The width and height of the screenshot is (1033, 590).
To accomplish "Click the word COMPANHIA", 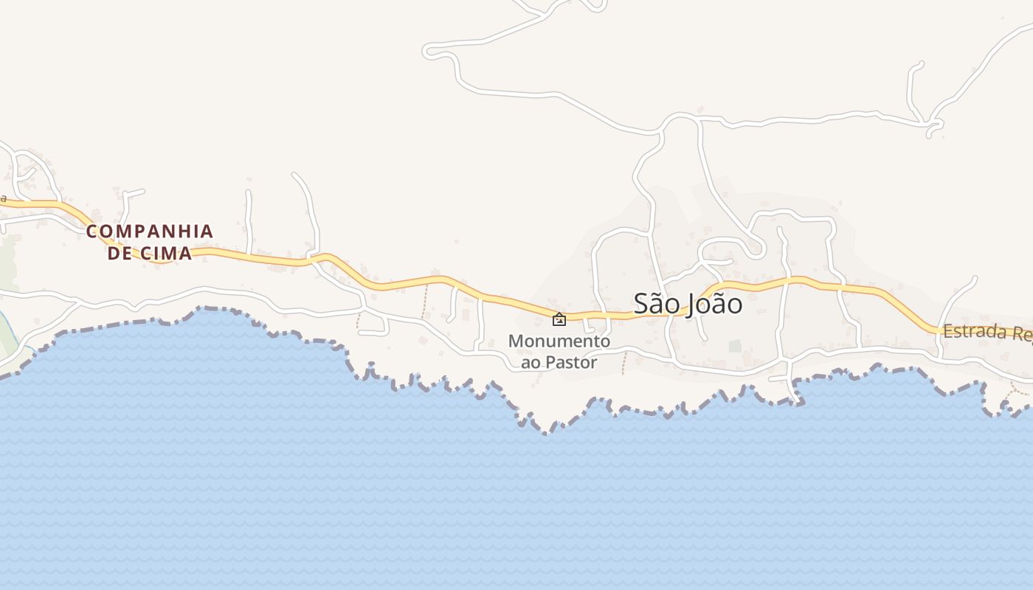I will [150, 232].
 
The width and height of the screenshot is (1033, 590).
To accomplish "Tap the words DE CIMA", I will [150, 254].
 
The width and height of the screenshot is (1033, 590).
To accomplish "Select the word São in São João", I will [654, 303].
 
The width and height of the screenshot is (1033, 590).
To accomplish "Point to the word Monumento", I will [559, 341].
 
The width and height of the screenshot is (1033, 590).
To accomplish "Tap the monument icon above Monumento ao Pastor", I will [559, 319].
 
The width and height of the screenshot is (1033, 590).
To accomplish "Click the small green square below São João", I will [734, 345].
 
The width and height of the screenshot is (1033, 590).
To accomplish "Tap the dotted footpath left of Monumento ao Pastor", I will [425, 302].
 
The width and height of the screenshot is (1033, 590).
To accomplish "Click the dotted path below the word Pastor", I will [624, 363].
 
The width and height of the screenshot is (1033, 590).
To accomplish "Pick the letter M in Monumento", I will [515, 341].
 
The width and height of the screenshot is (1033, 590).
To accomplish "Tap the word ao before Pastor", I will [531, 362].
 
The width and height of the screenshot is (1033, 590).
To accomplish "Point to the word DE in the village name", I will [120, 254].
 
